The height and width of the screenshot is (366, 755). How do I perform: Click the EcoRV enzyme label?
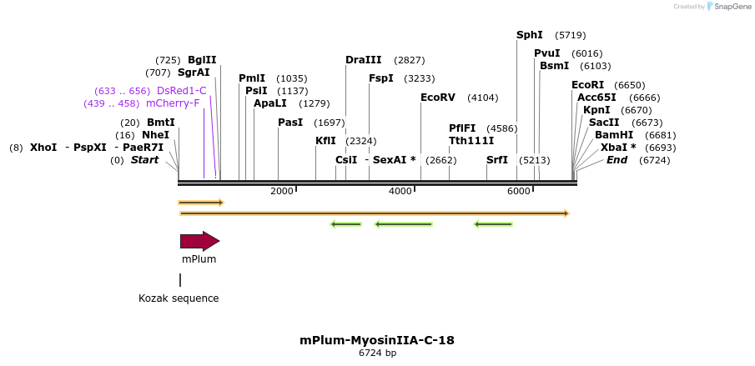[437, 98]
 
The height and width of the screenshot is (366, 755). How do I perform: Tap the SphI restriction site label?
[529, 35]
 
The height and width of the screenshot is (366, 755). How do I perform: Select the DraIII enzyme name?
[363, 60]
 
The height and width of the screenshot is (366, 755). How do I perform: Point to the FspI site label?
[380, 78]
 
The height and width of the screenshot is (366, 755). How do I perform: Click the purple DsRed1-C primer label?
[181, 91]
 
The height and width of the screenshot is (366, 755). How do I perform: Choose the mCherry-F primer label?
[173, 103]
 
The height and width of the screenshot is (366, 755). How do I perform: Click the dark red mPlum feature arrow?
[199, 242]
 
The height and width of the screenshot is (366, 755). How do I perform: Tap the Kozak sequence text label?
[179, 298]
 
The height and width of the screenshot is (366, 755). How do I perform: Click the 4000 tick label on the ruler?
[400, 192]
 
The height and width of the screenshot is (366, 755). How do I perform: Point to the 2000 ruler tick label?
[281, 192]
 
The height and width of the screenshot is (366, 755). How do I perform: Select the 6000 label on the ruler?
[518, 192]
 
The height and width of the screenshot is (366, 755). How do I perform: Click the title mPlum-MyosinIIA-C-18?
[377, 340]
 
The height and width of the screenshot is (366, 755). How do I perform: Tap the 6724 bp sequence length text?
[377, 353]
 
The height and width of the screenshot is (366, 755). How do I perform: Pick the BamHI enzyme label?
[612, 135]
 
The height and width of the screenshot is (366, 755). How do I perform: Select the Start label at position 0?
[144, 160]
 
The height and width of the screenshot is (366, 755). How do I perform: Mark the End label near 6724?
[617, 160]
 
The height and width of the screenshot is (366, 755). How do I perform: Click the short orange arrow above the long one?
[200, 203]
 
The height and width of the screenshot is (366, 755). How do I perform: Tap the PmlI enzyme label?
[252, 78]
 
